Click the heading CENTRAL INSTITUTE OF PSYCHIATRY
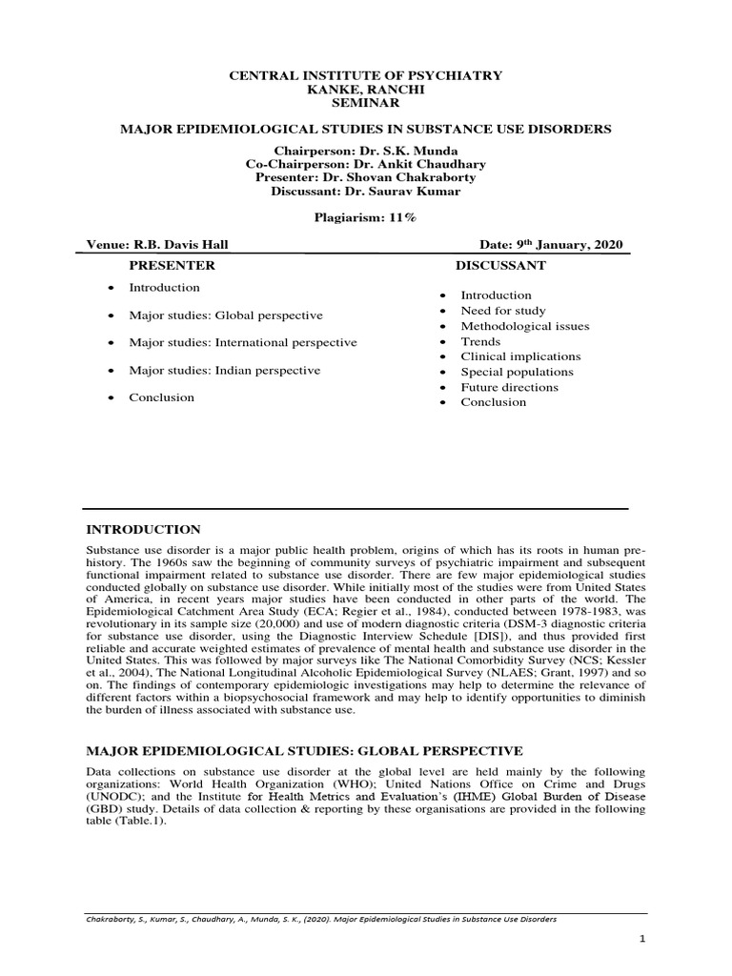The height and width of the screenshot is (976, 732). coord(367,75)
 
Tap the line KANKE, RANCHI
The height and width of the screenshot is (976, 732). coord(367,89)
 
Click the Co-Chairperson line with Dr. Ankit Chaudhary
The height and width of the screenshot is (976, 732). coord(367,165)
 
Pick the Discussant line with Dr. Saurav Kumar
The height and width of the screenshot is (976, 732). coord(367,192)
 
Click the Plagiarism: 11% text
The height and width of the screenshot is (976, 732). coord(366,217)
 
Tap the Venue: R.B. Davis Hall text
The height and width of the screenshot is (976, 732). coord(157,245)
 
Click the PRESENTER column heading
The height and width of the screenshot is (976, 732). coord(172,265)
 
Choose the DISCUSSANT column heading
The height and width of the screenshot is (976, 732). coord(500,265)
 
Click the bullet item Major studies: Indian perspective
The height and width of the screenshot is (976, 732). coord(225,370)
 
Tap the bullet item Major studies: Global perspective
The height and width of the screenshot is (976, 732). coord(226,315)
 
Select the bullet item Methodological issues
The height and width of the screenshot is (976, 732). coord(524,326)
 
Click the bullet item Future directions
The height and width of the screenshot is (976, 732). coord(510,387)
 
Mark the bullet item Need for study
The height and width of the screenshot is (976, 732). coord(503,311)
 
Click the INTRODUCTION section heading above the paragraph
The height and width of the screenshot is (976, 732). coord(144,529)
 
